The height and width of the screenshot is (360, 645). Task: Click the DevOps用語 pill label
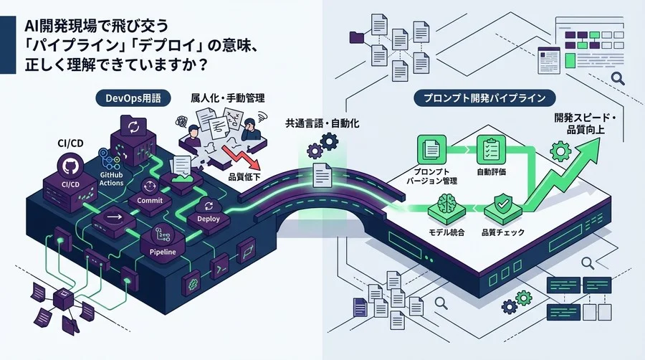click(x=133, y=98)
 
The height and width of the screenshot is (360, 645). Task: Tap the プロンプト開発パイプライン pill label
click(x=484, y=98)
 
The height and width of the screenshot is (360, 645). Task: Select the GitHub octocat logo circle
click(x=71, y=166)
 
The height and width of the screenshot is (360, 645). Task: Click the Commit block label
click(x=150, y=200)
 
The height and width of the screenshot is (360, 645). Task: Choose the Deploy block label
click(x=208, y=219)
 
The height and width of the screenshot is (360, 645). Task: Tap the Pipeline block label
click(x=163, y=252)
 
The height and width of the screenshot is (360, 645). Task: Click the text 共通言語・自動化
click(x=322, y=123)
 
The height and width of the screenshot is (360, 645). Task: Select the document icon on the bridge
click(x=322, y=175)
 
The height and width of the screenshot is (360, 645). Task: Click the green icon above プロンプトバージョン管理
click(x=432, y=149)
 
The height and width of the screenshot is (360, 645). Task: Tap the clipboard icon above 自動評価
click(x=491, y=149)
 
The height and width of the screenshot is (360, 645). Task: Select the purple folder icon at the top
click(x=357, y=37)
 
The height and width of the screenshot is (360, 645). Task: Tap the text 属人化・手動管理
click(x=227, y=98)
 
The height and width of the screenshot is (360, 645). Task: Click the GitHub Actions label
click(x=111, y=179)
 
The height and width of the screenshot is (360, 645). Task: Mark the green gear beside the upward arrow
click(x=560, y=151)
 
